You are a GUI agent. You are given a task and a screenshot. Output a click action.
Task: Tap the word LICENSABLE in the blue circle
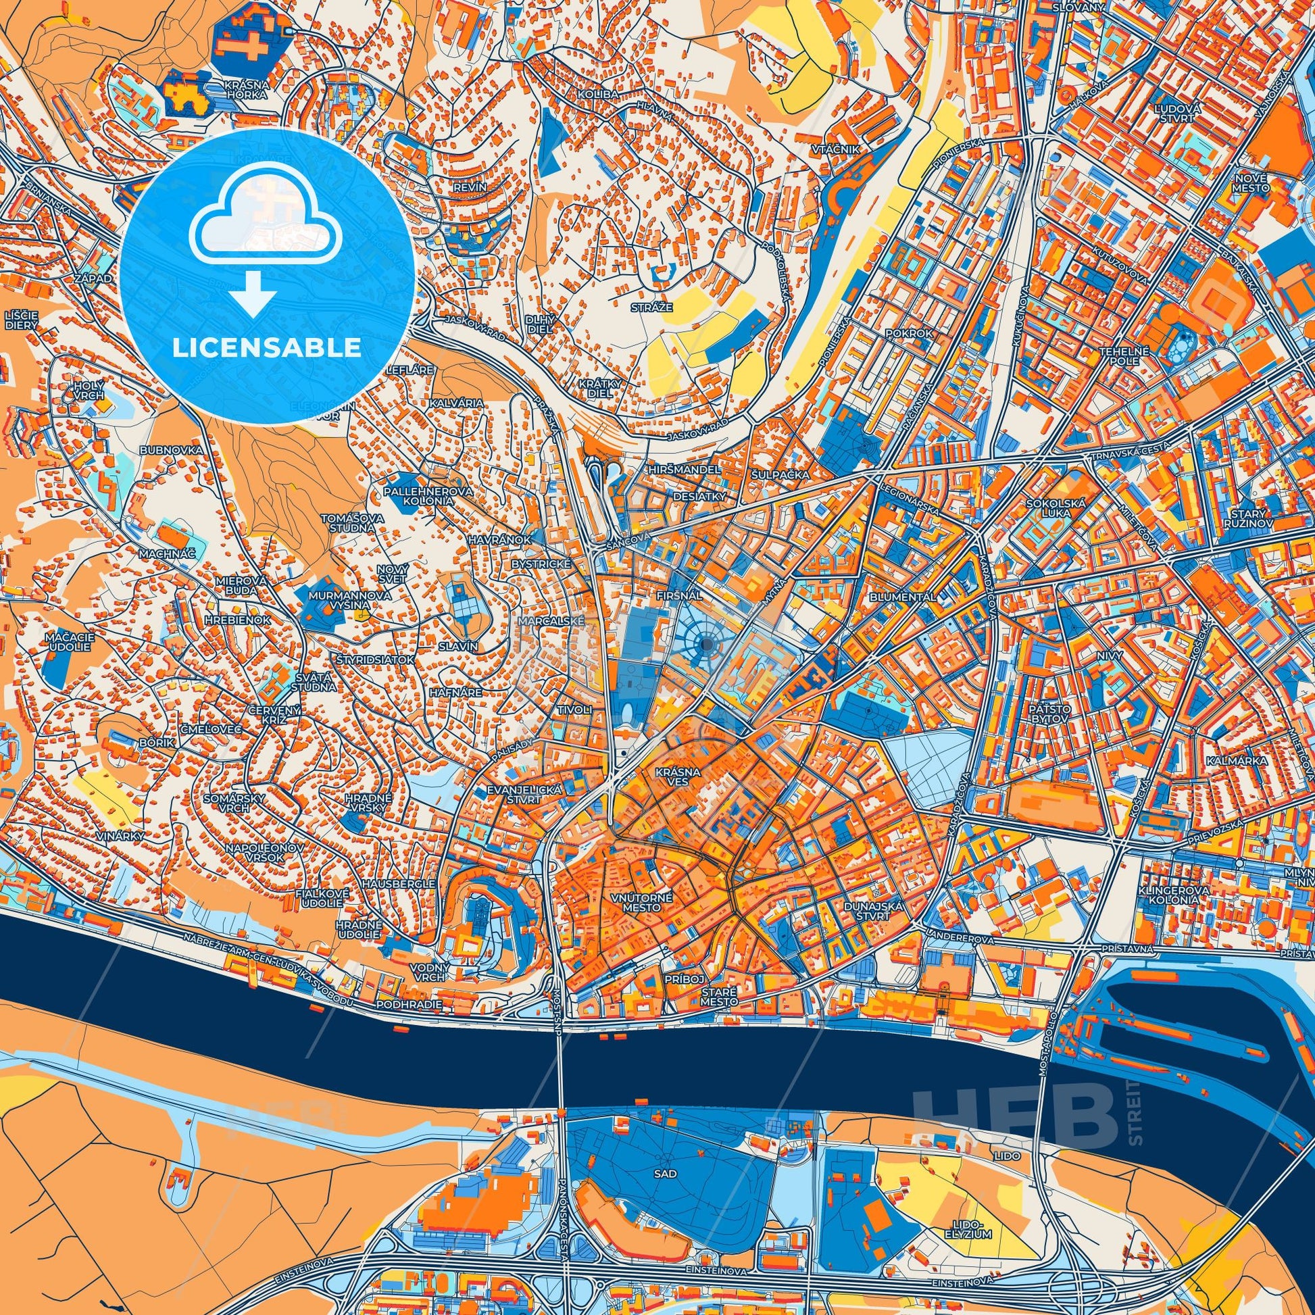pos(267,349)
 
